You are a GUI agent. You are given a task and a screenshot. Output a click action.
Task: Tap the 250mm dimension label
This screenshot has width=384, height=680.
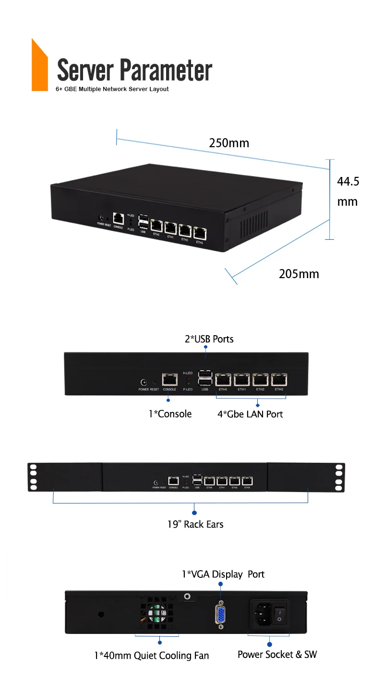pos(229,143)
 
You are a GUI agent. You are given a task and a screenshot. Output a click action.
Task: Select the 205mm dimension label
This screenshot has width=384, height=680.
pos(299,274)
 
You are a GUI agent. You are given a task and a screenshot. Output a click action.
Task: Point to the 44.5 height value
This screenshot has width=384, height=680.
pos(348,182)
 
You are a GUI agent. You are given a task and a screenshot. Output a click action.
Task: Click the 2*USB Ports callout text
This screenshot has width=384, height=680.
pos(209,339)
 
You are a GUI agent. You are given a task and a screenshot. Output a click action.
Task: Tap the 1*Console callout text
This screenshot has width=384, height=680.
pos(170,414)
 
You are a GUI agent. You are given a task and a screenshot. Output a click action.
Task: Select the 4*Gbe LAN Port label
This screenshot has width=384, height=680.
pos(250,414)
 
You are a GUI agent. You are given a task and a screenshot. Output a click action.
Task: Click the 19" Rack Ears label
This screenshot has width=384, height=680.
pos(195,524)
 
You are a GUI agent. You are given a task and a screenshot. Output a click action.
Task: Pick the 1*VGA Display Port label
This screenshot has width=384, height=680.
pos(223,574)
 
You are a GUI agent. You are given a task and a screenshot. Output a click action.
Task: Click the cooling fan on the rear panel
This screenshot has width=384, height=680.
pos(157,616)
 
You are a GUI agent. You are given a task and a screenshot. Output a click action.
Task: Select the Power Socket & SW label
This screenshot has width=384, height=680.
pos(277,655)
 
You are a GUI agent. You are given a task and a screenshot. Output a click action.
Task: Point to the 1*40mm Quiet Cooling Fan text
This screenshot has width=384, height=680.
pos(151,656)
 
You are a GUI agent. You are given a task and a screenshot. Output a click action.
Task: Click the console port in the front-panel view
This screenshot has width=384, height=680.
pos(169,379)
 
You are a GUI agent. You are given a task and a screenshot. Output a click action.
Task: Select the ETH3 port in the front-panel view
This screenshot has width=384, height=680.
pos(278,380)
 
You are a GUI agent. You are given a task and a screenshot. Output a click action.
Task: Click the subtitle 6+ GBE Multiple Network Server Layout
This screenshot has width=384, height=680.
pos(112,89)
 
